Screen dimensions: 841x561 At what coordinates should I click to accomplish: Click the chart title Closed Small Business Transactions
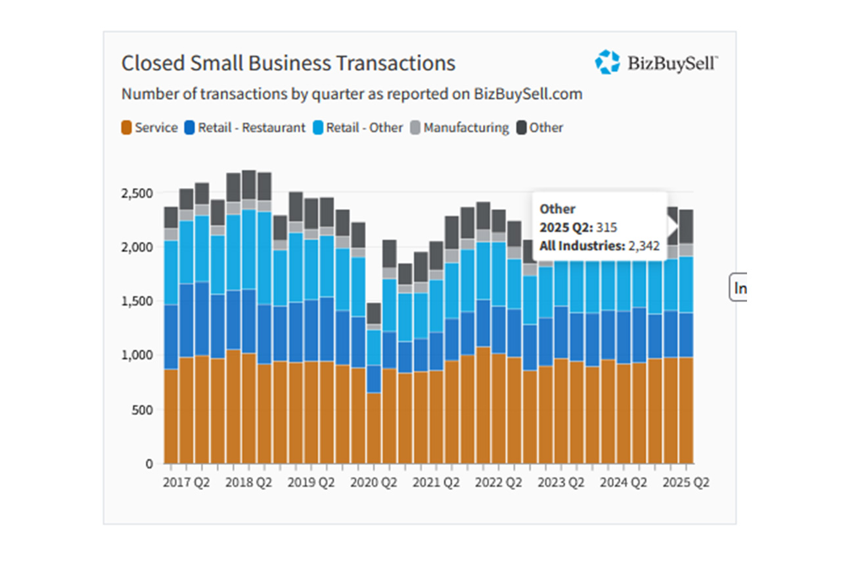click(x=288, y=63)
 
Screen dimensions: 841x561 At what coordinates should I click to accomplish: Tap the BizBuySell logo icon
click(x=607, y=62)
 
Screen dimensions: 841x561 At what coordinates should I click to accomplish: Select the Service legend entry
click(x=149, y=128)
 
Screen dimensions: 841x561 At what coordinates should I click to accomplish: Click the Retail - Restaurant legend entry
click(x=245, y=128)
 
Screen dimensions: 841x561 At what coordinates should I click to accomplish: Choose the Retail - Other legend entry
click(x=358, y=128)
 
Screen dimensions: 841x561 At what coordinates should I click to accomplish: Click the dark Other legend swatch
click(x=521, y=128)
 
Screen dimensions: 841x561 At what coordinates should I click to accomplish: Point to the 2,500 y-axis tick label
click(x=137, y=193)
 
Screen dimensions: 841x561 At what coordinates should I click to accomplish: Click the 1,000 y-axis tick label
click(x=137, y=355)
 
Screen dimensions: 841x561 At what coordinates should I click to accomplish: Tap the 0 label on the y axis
click(x=149, y=464)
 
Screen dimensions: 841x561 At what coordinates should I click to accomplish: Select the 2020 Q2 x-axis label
click(x=374, y=483)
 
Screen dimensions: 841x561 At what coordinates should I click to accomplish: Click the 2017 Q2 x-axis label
click(x=186, y=483)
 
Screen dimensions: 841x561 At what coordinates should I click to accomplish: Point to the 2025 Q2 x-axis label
click(x=686, y=483)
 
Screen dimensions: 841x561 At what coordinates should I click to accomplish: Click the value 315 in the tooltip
click(x=606, y=228)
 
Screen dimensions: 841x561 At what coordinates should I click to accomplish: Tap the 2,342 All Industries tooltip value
click(x=644, y=246)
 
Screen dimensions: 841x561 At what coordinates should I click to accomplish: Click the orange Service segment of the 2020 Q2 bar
click(x=374, y=428)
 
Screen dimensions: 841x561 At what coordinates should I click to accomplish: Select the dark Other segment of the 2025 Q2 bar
click(x=687, y=227)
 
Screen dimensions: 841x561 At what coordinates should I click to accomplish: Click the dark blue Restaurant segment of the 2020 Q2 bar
click(x=374, y=379)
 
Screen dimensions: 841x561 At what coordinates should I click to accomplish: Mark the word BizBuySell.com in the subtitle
click(x=528, y=94)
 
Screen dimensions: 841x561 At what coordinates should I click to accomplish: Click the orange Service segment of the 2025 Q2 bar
click(x=687, y=410)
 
